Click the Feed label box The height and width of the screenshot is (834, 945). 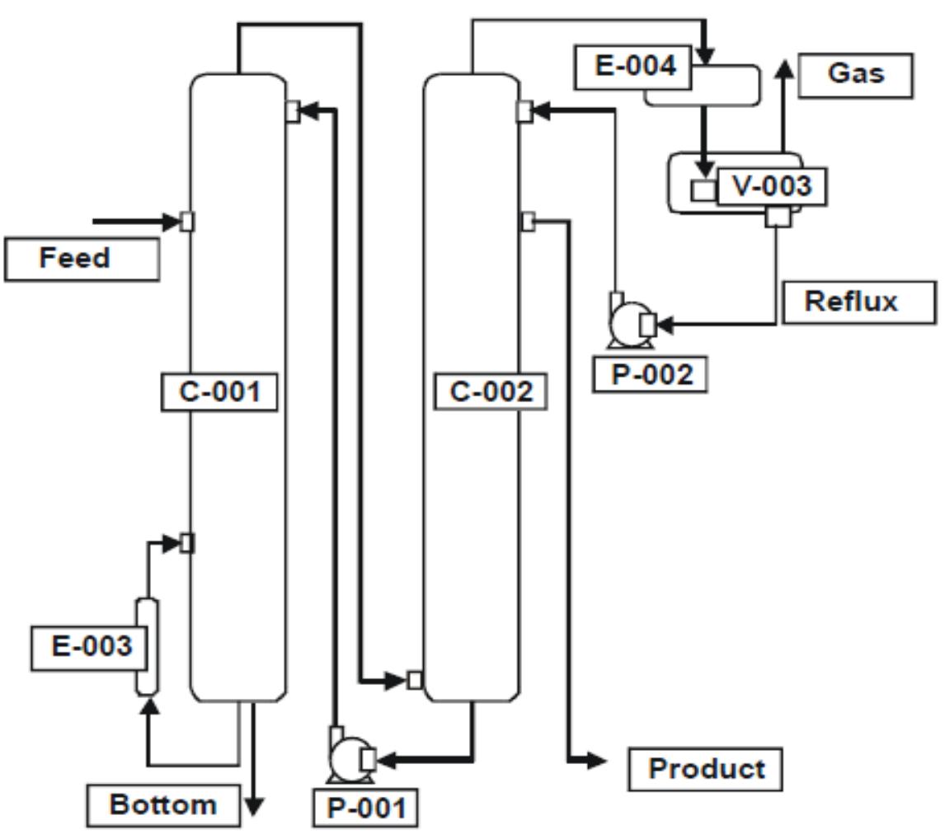(x=82, y=259)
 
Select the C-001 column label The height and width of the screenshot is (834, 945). (x=219, y=392)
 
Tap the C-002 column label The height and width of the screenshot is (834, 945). (x=491, y=392)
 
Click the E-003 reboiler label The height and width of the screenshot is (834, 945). (x=92, y=647)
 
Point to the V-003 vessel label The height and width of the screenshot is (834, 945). (x=772, y=186)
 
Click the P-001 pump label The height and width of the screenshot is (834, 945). (x=365, y=808)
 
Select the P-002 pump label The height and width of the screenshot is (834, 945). (x=651, y=374)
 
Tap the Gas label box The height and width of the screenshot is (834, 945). (x=856, y=75)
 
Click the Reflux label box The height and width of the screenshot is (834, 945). (x=858, y=302)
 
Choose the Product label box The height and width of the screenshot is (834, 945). (x=705, y=769)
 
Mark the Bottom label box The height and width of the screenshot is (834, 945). (x=163, y=804)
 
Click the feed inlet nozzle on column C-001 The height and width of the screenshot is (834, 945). (x=187, y=221)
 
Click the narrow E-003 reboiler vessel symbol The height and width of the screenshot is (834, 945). (x=147, y=647)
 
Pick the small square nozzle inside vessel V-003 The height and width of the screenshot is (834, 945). (x=703, y=190)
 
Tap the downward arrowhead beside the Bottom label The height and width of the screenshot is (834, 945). (x=255, y=805)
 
